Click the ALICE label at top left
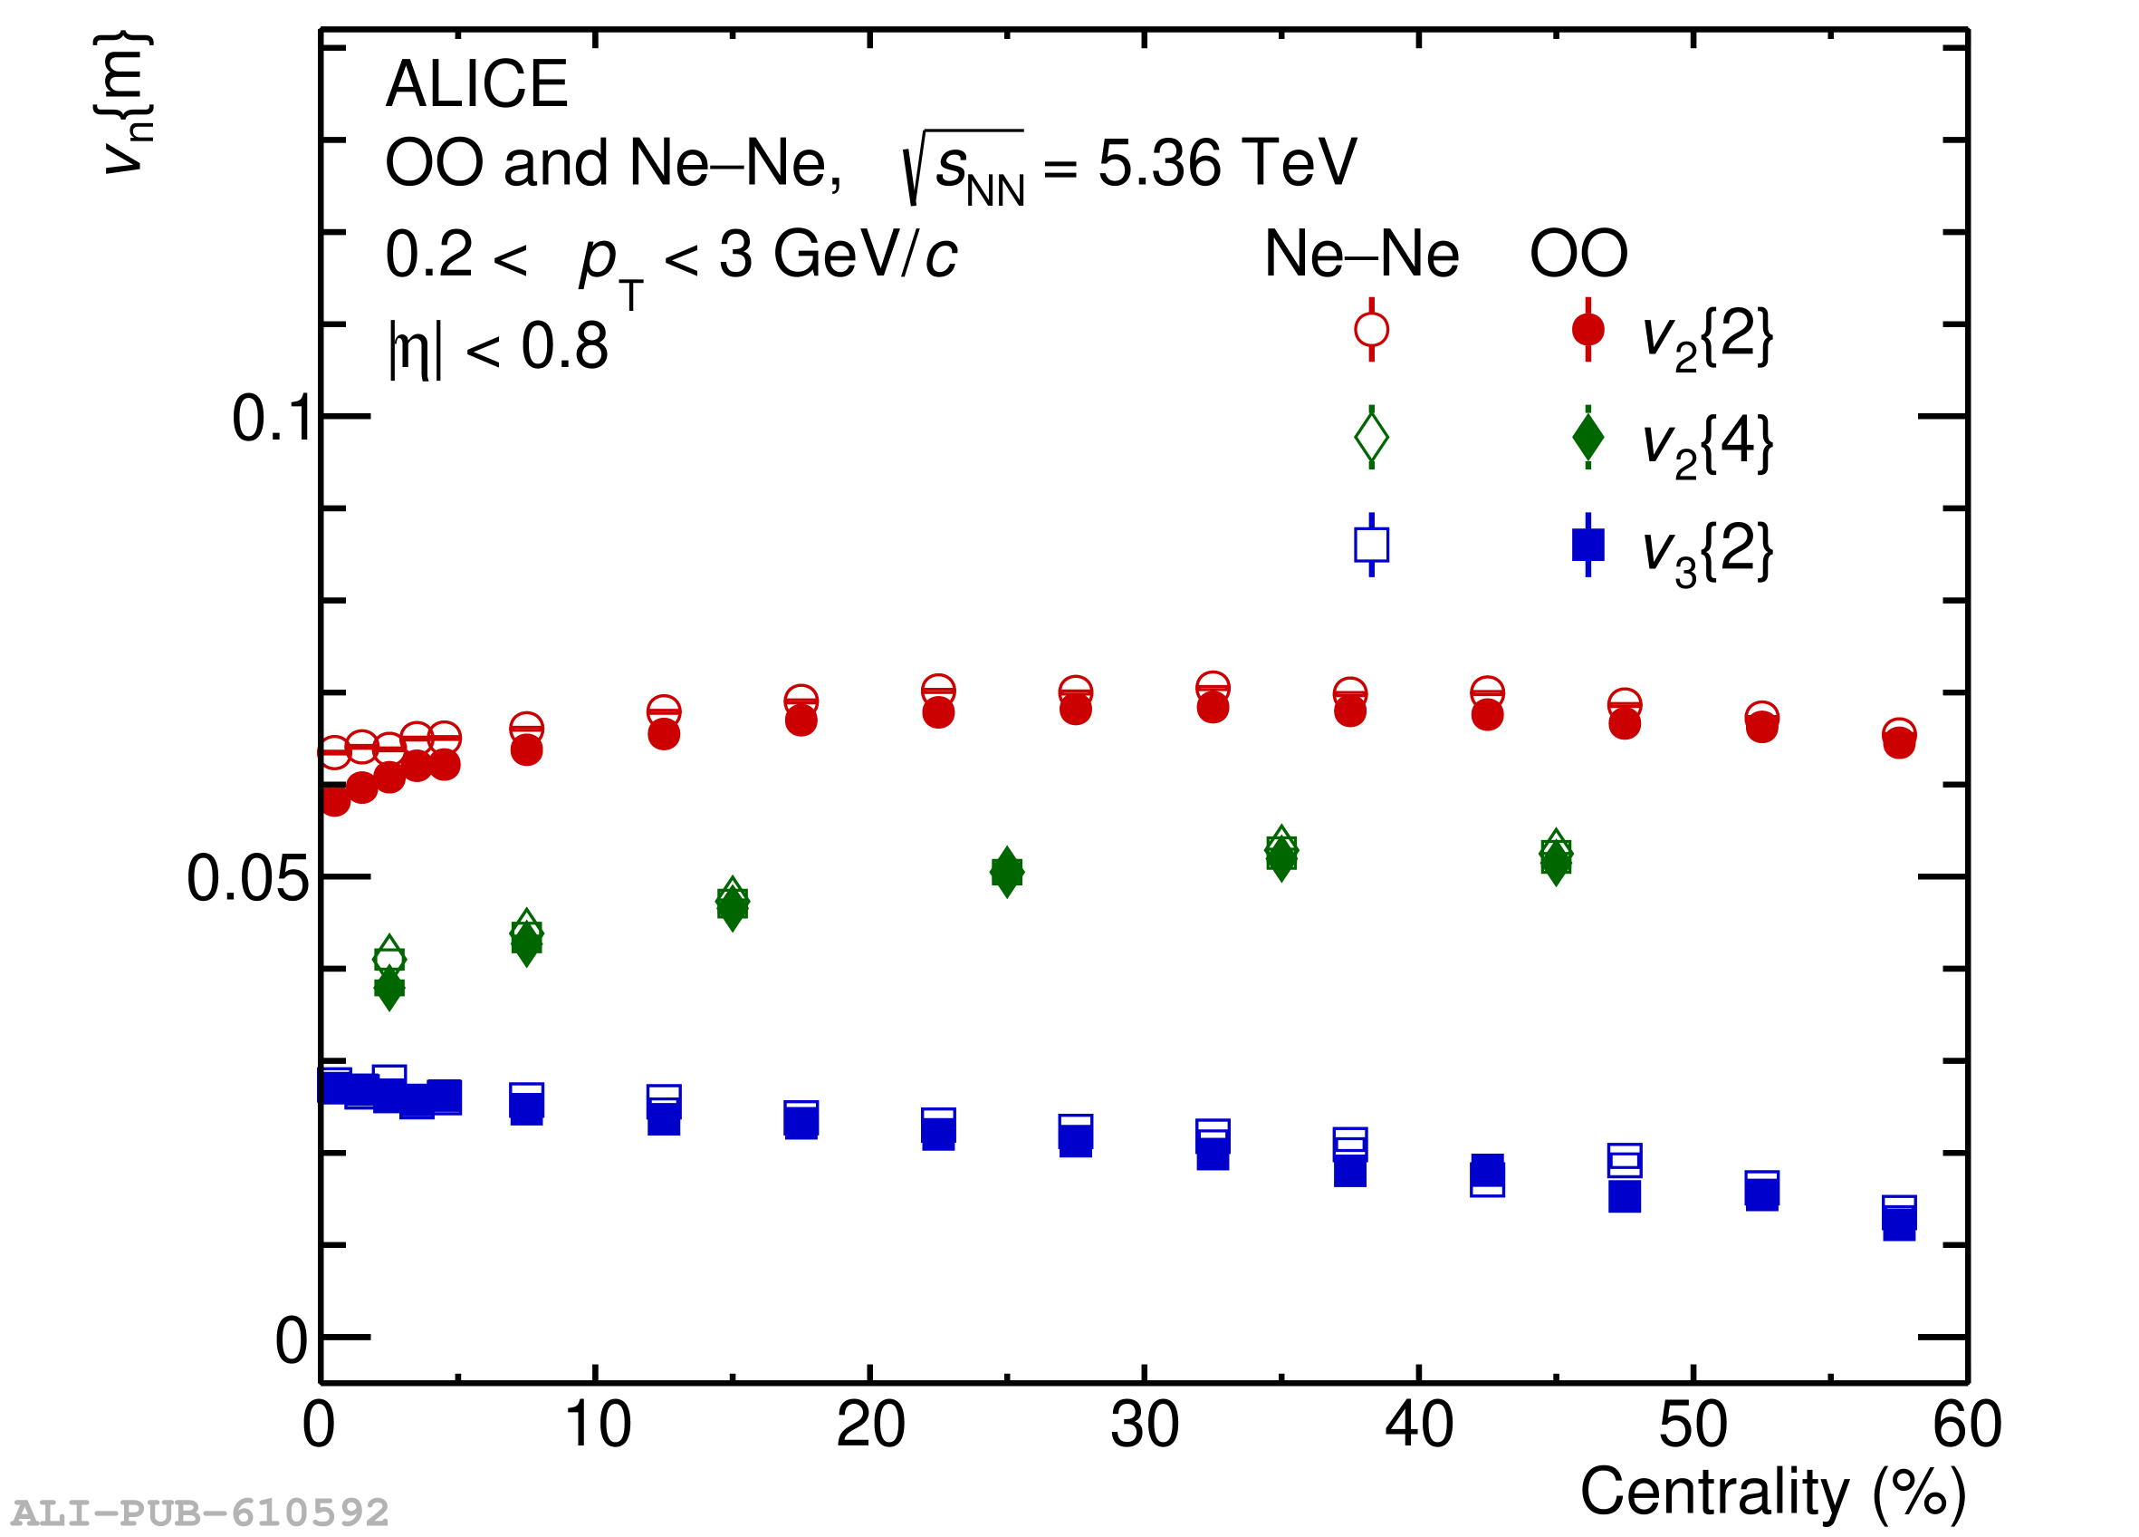pos(476,84)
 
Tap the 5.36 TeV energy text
pos(1226,163)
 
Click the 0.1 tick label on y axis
pos(271,418)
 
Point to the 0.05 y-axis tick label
pos(247,878)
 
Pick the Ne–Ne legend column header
pos(1361,254)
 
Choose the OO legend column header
pos(1578,254)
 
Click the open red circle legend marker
pos(1371,330)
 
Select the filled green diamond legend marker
pos(1588,437)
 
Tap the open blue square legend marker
pos(1371,545)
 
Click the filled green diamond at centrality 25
pos(1007,873)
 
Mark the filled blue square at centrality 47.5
pos(1625,1197)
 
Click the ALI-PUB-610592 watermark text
pos(200,1513)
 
